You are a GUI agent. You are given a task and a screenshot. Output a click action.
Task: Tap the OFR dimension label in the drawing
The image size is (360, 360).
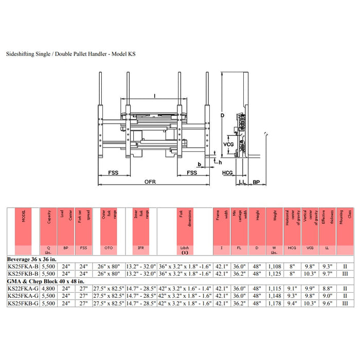pyautogui.click(x=150, y=182)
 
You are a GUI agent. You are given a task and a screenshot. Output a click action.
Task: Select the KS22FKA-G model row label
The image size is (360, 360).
pyautogui.click(x=23, y=289)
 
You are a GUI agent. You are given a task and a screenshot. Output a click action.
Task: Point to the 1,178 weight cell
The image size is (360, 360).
pyautogui.click(x=274, y=303)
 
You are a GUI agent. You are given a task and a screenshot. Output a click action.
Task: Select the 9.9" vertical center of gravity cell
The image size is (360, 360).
pyautogui.click(x=309, y=289)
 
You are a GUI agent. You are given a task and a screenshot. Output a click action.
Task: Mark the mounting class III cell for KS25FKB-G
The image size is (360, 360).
pyautogui.click(x=344, y=303)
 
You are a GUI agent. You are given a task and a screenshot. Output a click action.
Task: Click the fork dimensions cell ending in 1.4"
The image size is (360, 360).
pyautogui.click(x=185, y=289)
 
